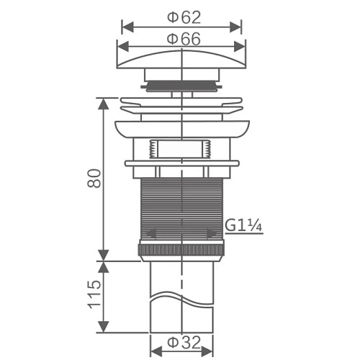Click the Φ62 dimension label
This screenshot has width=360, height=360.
(x=184, y=18)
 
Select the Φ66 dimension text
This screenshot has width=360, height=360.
(x=184, y=39)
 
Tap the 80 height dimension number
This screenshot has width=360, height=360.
(x=94, y=179)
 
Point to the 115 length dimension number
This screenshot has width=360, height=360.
(x=94, y=294)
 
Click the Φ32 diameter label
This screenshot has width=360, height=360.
(x=184, y=343)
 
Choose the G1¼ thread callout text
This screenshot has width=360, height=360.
(x=243, y=226)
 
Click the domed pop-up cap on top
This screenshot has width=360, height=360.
(x=181, y=60)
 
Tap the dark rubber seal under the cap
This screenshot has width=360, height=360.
(x=181, y=86)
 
